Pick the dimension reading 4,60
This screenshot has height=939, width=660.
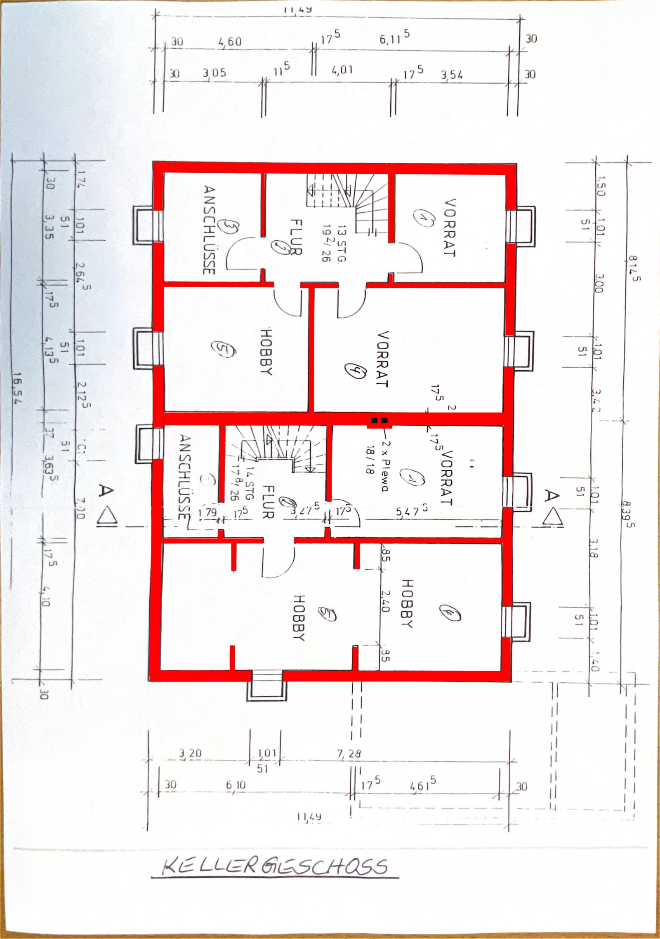pos(230,42)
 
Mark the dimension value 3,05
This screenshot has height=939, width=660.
pos(214,73)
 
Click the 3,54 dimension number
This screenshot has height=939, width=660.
pos(451,75)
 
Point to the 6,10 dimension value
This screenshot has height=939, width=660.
pos(236,785)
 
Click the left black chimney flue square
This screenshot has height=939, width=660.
pos(375,420)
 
